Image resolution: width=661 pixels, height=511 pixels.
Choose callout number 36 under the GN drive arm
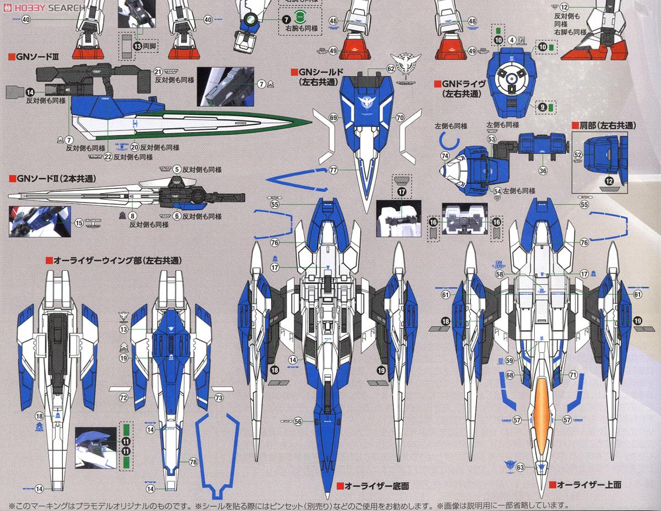pos(543,171)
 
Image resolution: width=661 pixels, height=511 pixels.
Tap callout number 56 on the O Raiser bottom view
pos(297,421)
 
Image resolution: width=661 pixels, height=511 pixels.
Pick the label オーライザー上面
pos(589,485)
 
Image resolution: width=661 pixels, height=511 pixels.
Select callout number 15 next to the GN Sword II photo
pos(79,223)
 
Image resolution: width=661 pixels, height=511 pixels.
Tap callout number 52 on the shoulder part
pos(578,156)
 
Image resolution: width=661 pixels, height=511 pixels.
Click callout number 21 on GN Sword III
pos(158,72)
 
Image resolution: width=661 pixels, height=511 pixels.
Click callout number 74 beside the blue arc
pos(445,157)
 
